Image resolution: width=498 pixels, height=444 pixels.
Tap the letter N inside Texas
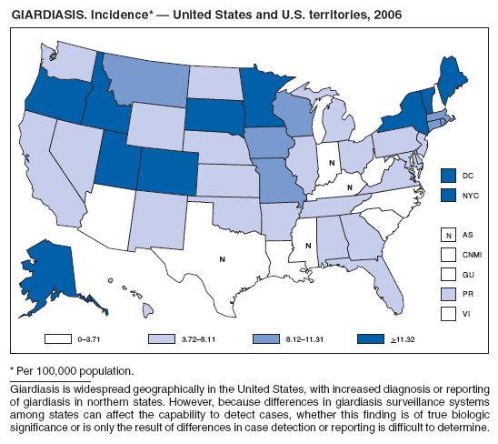(222, 259)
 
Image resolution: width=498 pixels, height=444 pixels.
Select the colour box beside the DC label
(447, 175)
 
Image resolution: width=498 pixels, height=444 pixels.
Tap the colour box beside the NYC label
(447, 194)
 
